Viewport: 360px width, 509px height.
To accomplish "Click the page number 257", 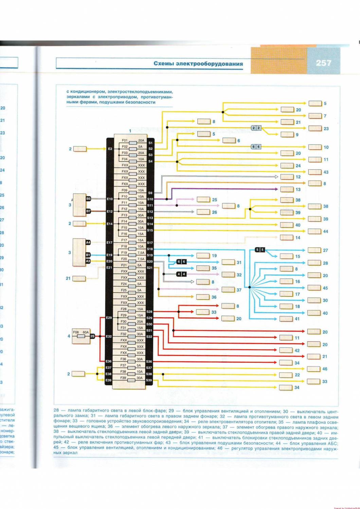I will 323,63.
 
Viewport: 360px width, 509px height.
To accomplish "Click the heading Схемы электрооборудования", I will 198,63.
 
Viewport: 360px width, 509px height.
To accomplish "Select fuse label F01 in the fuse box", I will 125,140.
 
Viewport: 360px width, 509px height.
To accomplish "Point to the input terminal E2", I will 110,149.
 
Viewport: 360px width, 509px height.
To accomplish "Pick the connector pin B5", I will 88,199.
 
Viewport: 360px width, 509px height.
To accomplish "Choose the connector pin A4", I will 88,243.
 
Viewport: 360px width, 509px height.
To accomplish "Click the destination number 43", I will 326,172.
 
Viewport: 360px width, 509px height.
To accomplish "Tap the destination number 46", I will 325,369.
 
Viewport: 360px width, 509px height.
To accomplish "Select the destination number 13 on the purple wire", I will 298,190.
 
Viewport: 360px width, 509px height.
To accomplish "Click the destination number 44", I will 326,231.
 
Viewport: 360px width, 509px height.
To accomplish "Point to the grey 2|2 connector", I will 256,128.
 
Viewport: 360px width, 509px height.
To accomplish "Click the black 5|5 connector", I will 259,250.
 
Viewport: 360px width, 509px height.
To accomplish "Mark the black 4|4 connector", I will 181,274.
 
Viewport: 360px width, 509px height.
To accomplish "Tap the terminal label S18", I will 149,249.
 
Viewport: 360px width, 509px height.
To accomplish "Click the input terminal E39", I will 109,380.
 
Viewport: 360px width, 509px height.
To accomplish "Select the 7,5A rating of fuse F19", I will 141,253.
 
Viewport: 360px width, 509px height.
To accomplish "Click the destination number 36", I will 214,297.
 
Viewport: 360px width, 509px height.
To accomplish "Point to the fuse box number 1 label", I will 130,131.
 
